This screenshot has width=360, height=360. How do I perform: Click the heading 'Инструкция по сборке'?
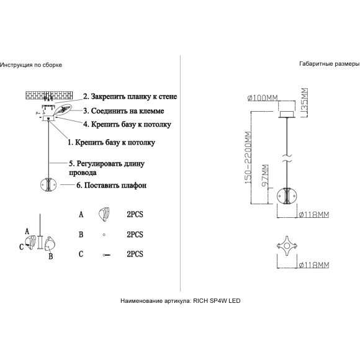click(31, 65)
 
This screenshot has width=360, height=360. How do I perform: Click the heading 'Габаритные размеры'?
click(330, 64)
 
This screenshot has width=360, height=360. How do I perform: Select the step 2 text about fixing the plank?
click(130, 96)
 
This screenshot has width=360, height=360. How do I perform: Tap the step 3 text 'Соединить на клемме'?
click(124, 111)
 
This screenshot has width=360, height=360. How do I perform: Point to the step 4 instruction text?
click(127, 124)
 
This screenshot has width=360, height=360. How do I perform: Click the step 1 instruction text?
click(111, 142)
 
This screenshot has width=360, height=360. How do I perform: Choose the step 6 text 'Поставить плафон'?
click(111, 185)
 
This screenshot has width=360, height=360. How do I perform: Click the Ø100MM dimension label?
click(263, 98)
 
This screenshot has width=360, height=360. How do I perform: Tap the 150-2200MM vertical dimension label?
click(248, 158)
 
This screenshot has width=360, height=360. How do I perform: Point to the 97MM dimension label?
click(265, 176)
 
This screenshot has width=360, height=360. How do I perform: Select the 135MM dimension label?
click(304, 102)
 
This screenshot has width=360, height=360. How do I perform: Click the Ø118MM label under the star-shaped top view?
click(314, 265)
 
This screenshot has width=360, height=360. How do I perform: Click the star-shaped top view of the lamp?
click(287, 246)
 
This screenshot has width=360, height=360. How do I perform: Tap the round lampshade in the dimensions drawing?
click(287, 196)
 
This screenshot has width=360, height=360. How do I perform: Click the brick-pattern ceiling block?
click(49, 96)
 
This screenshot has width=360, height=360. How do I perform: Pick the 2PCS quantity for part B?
click(135, 235)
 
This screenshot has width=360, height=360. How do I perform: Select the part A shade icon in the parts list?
click(104, 214)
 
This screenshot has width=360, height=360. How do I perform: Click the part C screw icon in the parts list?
click(107, 255)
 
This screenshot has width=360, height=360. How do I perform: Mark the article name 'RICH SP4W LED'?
click(217, 301)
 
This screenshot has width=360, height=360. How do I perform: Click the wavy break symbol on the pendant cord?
click(287, 158)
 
